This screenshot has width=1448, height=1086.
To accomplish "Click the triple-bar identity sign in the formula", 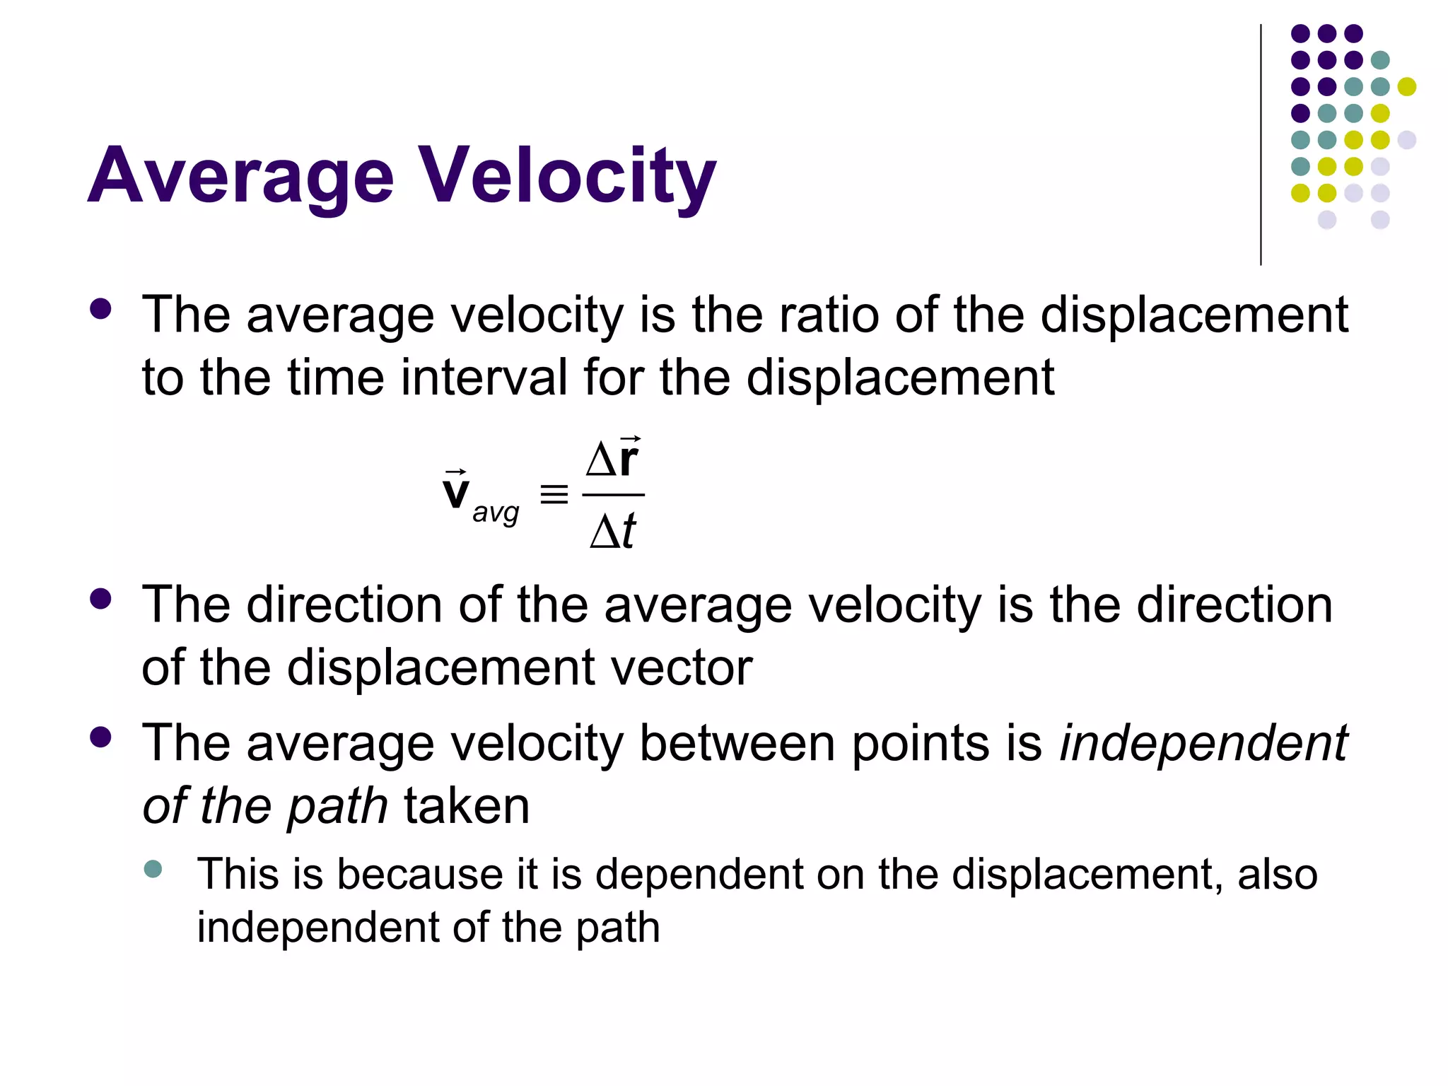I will tap(554, 494).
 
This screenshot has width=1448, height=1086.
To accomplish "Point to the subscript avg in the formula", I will tap(496, 512).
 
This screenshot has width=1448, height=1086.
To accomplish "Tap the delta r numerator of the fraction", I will tap(612, 459).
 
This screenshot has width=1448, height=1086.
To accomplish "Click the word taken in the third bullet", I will tap(467, 806).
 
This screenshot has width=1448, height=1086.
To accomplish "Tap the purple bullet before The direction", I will tap(101, 599).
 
